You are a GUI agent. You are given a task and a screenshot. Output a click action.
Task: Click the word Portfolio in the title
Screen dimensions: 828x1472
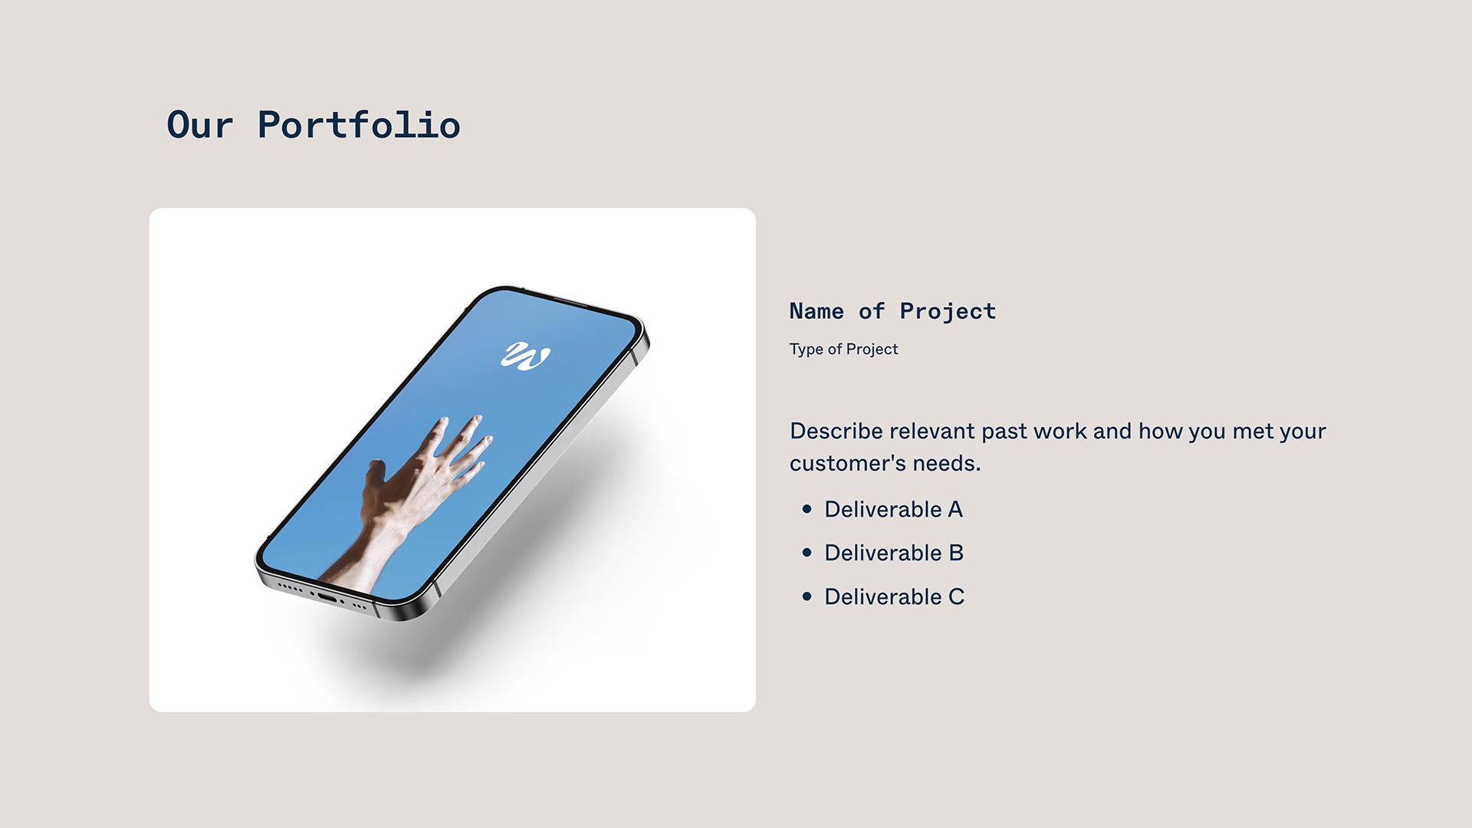[x=359, y=125]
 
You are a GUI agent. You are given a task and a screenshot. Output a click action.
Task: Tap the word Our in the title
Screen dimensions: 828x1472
[x=199, y=125]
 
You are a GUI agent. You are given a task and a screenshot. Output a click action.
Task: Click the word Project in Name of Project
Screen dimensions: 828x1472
[x=948, y=311]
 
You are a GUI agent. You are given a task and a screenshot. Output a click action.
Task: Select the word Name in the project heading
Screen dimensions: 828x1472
[x=816, y=311]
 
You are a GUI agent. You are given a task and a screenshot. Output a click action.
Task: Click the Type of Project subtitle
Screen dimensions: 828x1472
[x=843, y=350]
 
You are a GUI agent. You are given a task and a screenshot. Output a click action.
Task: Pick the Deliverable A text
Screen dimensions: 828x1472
[x=893, y=509]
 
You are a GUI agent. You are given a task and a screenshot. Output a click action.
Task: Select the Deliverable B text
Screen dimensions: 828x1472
[x=894, y=553]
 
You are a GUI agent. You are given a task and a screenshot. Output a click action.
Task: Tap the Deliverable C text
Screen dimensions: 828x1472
[x=894, y=596]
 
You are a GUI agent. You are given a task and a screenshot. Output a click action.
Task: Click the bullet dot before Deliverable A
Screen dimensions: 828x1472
[x=807, y=509]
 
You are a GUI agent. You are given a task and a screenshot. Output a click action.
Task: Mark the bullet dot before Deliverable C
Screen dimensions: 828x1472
[x=807, y=596]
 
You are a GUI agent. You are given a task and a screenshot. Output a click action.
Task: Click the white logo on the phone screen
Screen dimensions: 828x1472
[x=525, y=356]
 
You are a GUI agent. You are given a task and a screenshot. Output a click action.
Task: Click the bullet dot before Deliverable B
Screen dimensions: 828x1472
[x=807, y=553]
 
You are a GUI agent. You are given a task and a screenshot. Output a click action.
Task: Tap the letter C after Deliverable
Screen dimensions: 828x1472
[x=956, y=596]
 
